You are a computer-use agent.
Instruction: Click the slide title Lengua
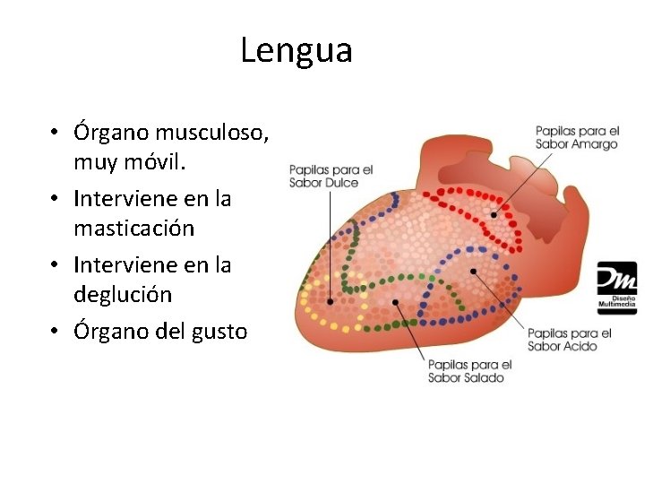coord(297,50)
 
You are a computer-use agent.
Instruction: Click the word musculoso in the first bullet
coord(211,133)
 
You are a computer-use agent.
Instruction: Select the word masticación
coord(134,229)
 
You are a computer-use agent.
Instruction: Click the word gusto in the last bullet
coord(219,331)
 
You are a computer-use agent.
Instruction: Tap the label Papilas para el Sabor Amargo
coord(577,137)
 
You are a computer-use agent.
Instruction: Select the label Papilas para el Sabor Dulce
coord(330,176)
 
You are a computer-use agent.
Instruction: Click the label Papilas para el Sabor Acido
coord(569,339)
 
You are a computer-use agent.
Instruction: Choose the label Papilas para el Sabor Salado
coord(469,370)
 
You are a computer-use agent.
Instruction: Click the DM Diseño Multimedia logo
coord(617,288)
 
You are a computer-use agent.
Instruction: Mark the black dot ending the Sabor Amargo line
coord(494,214)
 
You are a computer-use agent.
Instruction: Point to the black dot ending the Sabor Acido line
coord(473,269)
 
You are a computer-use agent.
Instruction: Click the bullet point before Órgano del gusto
coord(56,331)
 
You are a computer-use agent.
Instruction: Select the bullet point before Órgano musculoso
coord(56,133)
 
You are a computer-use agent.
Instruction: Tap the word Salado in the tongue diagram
coord(485,377)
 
